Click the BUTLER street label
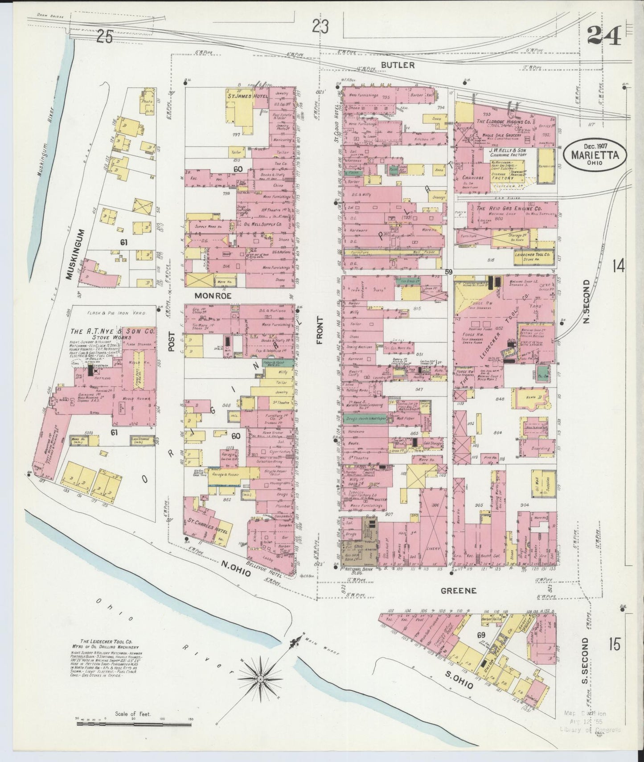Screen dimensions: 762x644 398,65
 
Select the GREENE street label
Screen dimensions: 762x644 459,590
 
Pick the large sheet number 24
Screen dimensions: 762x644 605,36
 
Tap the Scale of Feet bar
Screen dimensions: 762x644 134,725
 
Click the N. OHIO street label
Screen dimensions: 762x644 234,569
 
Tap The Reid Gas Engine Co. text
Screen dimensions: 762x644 509,208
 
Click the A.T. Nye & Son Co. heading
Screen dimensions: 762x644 112,332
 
